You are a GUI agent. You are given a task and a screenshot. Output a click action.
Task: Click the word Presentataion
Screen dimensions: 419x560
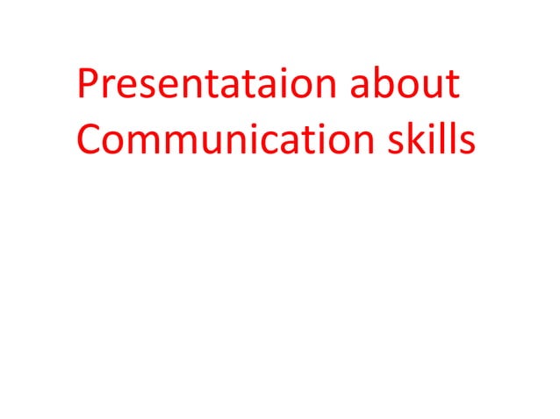207,84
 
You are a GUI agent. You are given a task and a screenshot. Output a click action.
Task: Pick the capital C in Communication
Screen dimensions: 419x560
90,141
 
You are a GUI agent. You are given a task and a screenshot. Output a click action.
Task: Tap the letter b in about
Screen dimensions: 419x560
377,84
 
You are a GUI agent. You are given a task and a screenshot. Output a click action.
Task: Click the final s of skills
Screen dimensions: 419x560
468,144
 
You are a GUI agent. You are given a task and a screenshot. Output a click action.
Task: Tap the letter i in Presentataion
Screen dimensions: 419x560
279,84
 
